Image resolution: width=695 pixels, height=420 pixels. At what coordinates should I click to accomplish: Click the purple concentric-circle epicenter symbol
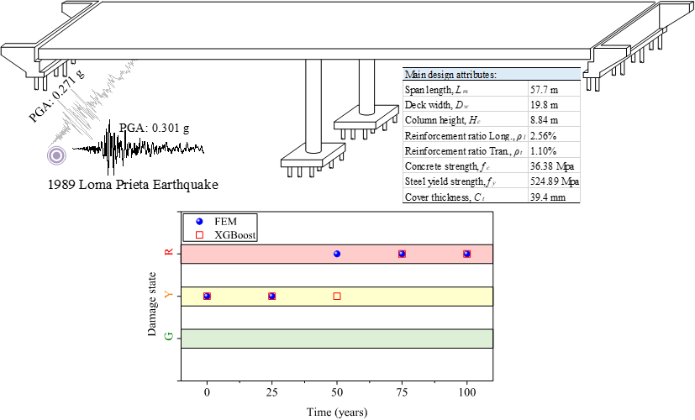(56, 155)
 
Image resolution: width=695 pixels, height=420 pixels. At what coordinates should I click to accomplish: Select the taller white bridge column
(313, 105)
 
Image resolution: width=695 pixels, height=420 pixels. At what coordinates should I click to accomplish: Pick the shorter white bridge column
(366, 86)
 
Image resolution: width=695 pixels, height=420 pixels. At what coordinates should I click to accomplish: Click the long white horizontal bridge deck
(311, 54)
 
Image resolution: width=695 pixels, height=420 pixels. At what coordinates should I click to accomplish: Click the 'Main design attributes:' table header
(492, 74)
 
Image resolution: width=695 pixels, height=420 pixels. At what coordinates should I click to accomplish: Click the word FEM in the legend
(225, 221)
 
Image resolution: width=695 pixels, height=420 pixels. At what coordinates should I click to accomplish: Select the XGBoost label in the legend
(234, 235)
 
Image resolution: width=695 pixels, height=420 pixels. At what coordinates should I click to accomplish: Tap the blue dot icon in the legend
(199, 221)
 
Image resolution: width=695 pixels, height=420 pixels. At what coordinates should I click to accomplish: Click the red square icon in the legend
(199, 235)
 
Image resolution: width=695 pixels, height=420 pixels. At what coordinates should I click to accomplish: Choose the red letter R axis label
(169, 253)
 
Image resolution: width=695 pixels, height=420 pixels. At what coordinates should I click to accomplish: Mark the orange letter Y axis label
(169, 295)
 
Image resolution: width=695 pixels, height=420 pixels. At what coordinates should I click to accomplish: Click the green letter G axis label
(169, 337)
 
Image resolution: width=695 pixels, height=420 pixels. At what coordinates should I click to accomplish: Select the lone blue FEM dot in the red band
(337, 254)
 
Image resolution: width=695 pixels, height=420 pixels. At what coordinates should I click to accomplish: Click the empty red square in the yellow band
(337, 296)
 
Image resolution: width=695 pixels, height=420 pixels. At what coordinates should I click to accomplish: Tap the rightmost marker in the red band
(466, 254)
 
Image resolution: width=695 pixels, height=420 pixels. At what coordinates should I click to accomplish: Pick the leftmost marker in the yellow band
(207, 296)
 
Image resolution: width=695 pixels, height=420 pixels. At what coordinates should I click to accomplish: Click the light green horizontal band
(336, 339)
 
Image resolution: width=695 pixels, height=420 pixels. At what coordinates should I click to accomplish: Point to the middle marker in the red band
(402, 254)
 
